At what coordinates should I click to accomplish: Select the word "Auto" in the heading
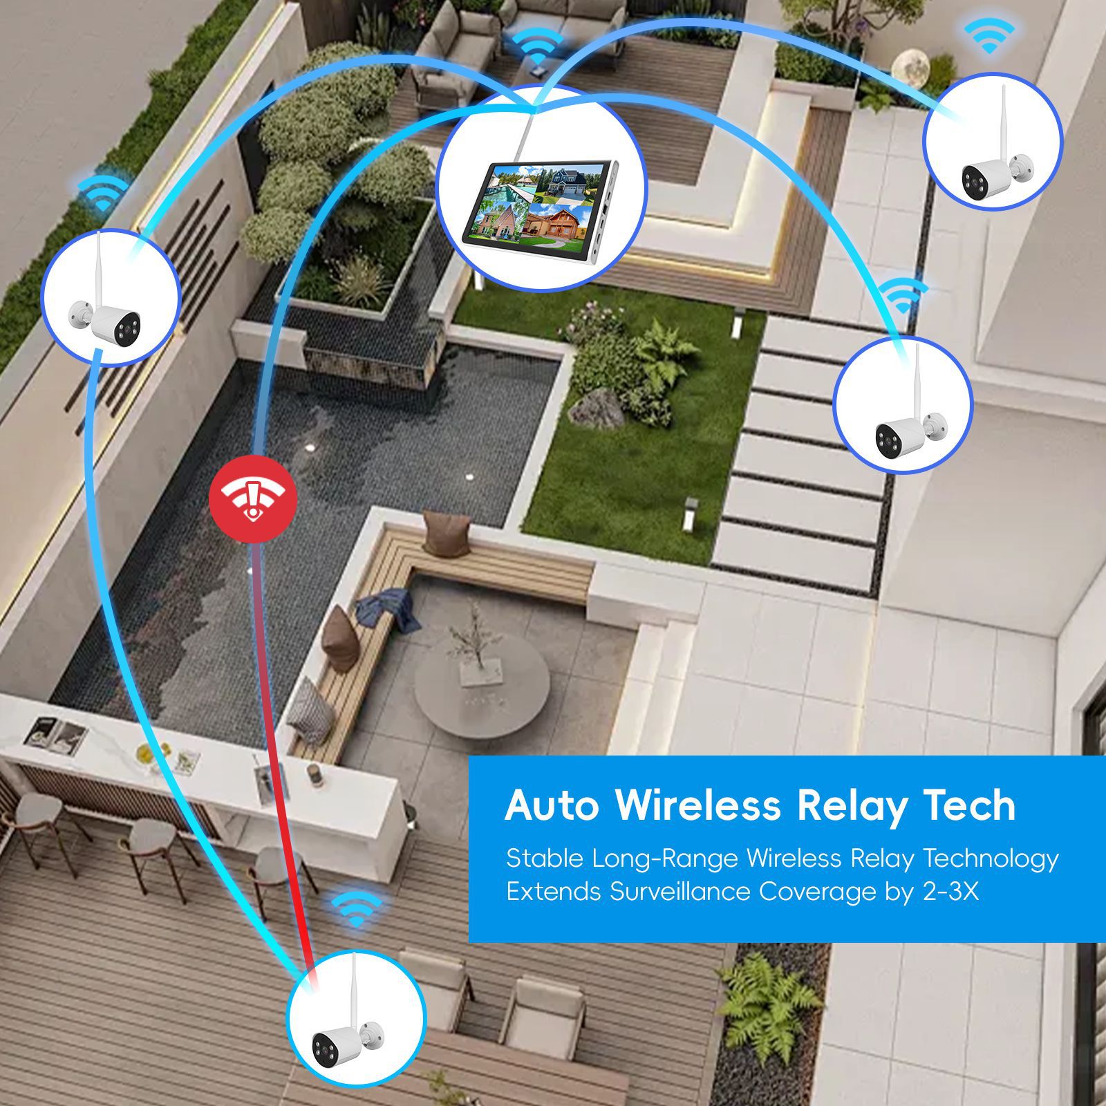click(552, 805)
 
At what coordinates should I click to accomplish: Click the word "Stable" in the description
click(545, 859)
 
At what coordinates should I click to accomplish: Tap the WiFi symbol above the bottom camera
click(357, 908)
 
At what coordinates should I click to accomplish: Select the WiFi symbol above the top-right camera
click(989, 36)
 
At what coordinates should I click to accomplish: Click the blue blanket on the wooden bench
click(389, 608)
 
